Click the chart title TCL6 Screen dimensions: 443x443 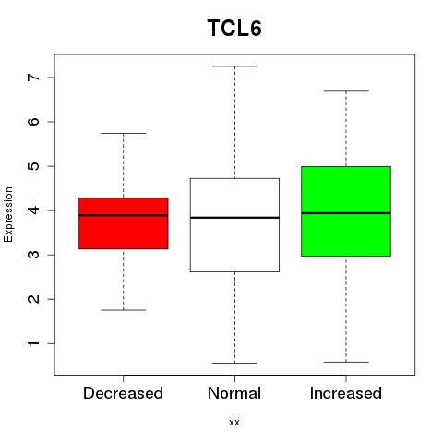click(x=234, y=28)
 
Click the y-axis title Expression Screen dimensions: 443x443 click(x=8, y=214)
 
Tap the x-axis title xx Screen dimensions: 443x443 click(x=234, y=422)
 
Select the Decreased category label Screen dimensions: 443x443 click(x=123, y=393)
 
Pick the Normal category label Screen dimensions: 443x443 click(x=234, y=393)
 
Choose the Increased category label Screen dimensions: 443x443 click(x=346, y=393)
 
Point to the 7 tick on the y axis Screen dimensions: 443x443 click(x=34, y=78)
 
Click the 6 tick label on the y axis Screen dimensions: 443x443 click(x=34, y=122)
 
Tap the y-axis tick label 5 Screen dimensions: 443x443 click(x=34, y=166)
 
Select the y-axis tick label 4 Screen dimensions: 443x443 click(x=34, y=210)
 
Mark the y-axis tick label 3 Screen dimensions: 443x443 click(x=34, y=255)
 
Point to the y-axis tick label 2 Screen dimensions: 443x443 click(x=34, y=299)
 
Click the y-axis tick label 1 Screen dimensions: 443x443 click(x=34, y=343)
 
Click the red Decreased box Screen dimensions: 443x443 click(x=124, y=233)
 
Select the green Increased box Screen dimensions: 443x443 click(x=346, y=191)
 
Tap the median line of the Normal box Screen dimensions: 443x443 click(x=234, y=218)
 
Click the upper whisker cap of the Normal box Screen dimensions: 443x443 click(x=234, y=66)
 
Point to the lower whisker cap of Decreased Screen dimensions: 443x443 click(x=124, y=310)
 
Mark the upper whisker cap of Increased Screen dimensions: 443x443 click(x=346, y=91)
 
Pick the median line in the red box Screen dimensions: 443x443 click(x=124, y=215)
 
